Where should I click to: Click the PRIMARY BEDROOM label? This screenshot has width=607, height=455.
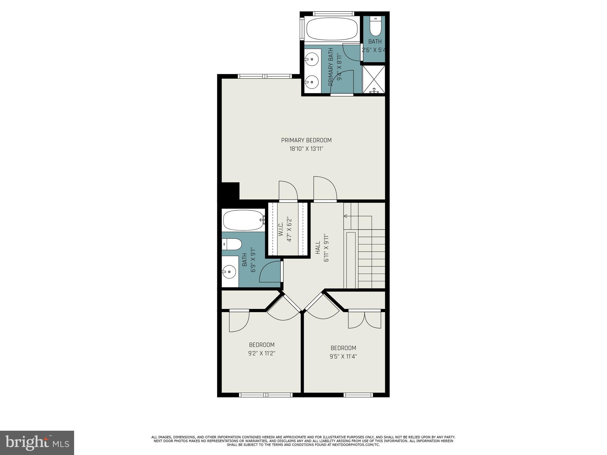coord(306,140)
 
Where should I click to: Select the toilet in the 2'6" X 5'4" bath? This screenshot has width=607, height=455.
coord(375,28)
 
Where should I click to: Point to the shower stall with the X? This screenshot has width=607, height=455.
coord(373,78)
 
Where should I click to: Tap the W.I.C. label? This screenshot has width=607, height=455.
coord(281,230)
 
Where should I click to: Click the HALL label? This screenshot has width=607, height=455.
coord(318,247)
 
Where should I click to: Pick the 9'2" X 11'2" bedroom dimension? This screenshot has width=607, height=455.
coord(262,353)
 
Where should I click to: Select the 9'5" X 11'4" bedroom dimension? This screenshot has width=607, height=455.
coord(343,356)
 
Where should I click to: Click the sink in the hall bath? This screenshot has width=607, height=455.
coord(229,271)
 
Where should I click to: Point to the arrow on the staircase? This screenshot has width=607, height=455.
coord(346,216)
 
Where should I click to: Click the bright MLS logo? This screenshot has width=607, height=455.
coord(37,443)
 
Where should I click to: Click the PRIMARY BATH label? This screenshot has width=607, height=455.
coord(331,67)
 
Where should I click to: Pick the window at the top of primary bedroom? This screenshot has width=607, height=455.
coord(265,76)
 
